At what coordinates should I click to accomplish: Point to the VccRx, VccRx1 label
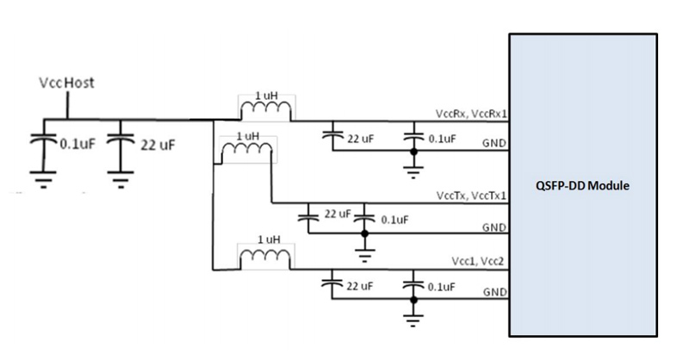471,114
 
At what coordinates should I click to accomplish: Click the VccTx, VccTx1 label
471,196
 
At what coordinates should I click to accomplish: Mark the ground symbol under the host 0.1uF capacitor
39,182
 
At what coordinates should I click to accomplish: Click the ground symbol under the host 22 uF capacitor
121,182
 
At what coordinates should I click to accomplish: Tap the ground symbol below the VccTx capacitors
365,254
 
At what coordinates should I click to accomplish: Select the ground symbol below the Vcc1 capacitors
413,320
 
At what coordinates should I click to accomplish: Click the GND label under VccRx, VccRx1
493,143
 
